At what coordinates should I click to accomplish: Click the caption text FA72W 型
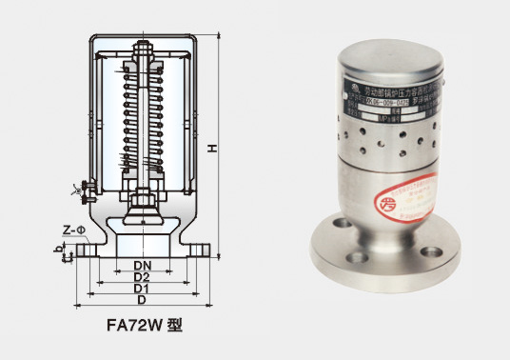143,323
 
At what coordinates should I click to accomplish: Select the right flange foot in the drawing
200,250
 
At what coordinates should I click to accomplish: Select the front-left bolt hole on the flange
356,255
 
